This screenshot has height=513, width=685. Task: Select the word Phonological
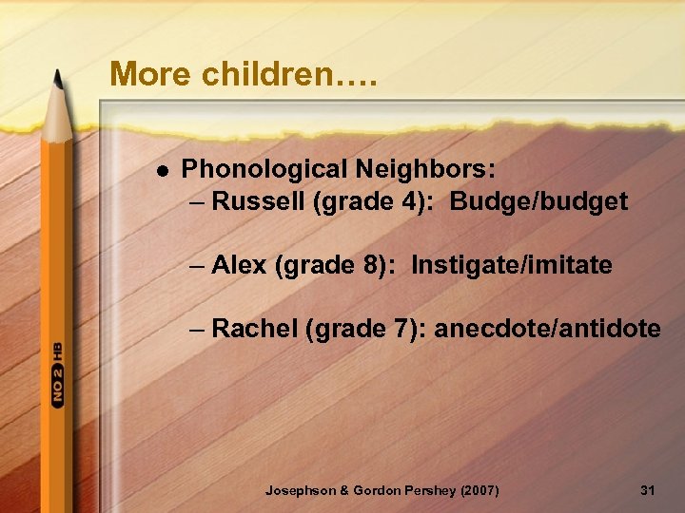[264, 169]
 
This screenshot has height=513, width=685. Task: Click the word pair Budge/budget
[538, 201]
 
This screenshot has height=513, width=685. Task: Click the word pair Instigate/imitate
[512, 265]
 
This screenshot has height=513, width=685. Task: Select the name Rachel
[254, 329]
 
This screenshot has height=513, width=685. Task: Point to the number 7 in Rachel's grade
[403, 329]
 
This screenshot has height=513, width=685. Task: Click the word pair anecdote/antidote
[547, 329]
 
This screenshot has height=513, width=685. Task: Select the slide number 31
[648, 490]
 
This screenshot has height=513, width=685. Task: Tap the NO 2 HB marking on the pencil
[58, 374]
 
